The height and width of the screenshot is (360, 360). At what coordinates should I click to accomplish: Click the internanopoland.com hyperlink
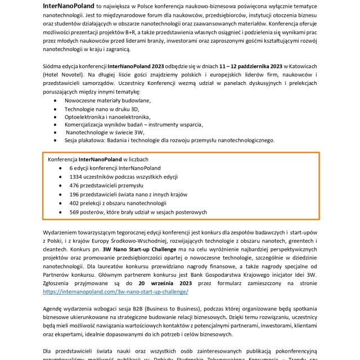tap(115, 292)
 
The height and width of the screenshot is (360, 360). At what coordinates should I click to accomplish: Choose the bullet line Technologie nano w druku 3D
tap(101, 108)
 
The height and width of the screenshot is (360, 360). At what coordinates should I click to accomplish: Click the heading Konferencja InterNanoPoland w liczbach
tap(98, 159)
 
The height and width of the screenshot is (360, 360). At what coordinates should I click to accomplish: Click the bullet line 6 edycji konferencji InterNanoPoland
tap(115, 168)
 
